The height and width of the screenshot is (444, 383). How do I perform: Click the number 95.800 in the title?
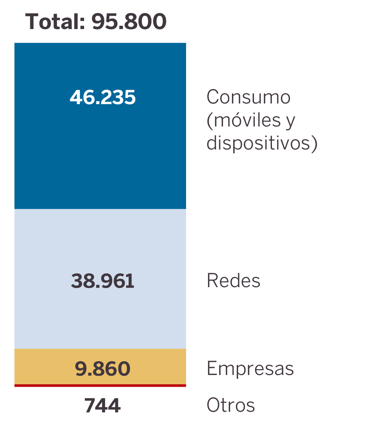tap(129, 22)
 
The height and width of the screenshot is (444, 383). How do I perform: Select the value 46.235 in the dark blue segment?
tap(103, 97)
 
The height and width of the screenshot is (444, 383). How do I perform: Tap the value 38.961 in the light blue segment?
tap(103, 281)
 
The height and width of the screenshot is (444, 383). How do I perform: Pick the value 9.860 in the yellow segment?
tap(103, 369)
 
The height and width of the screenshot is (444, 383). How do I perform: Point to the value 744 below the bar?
tap(102, 406)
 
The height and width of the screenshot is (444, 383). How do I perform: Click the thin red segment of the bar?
tap(100, 386)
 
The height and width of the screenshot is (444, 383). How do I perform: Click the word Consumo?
tap(248, 97)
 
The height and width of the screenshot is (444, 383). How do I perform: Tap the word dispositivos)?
tap(262, 143)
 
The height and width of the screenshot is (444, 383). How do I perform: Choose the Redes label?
tap(233, 281)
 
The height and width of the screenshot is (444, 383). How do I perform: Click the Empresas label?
tap(250, 368)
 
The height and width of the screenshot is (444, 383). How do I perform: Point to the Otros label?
tap(231, 405)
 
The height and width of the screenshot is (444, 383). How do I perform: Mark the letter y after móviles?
tap(290, 121)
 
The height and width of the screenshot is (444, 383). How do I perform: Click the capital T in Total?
tap(32, 22)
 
